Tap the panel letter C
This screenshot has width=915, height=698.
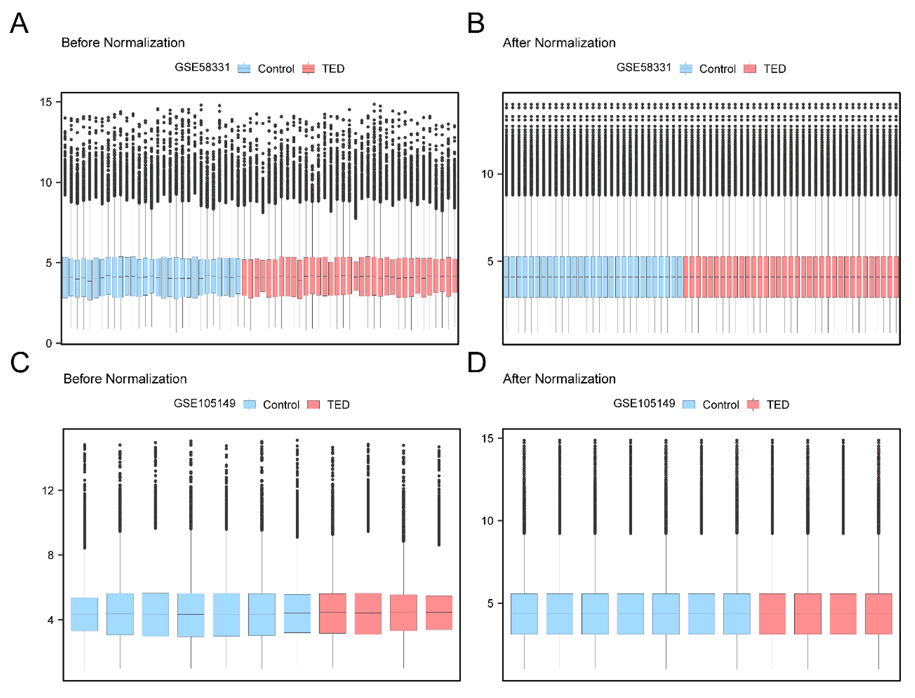[x=20, y=362]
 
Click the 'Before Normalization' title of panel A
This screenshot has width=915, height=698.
[x=123, y=43]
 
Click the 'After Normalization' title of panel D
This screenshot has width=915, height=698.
[x=559, y=379]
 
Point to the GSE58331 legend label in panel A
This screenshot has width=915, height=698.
[x=202, y=67]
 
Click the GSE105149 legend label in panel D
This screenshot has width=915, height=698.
[x=644, y=403]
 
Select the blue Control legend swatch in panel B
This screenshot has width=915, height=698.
[x=686, y=69]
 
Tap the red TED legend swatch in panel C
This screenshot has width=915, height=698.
[x=313, y=405]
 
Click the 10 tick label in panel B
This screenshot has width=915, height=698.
[x=487, y=174]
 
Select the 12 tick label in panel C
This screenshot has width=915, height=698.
[x=48, y=491]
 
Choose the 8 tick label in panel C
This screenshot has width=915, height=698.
[x=51, y=556]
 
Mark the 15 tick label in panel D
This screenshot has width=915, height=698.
[x=487, y=439]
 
